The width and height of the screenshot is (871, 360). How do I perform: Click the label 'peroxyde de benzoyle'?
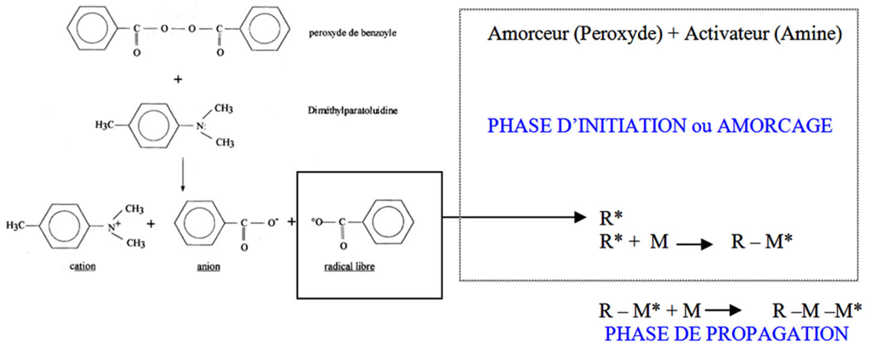coord(353,33)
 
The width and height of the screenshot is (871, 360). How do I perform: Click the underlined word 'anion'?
coord(208,266)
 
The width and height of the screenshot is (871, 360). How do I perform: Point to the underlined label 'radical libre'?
coord(348,266)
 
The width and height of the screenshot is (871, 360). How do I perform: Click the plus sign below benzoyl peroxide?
coord(178,79)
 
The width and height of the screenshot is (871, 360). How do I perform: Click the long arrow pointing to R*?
coord(515,217)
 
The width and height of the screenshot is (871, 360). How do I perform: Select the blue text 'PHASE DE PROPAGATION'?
coord(726,334)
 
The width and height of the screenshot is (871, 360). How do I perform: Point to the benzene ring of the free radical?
coord(392,222)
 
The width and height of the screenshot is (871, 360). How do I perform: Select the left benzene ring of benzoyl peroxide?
coord(92,27)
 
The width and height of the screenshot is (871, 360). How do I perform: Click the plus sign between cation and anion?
coord(151,225)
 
